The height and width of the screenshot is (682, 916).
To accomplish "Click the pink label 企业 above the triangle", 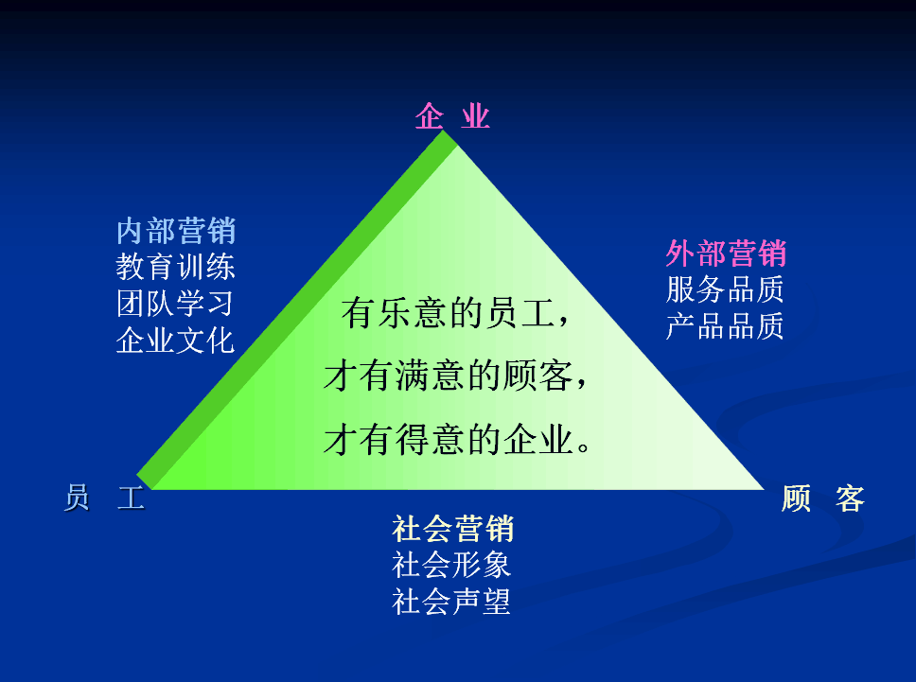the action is click(452, 115).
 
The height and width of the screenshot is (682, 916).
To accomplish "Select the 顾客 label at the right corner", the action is click(823, 498).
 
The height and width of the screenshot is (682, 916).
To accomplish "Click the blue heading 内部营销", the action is click(176, 231).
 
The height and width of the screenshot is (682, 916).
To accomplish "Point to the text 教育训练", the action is click(175, 267).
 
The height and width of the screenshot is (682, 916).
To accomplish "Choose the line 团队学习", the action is click(175, 304).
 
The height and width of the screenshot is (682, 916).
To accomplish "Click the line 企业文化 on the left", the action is click(175, 341).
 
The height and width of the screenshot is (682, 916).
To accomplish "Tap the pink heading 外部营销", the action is click(726, 254).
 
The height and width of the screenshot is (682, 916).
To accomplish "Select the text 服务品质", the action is click(725, 289).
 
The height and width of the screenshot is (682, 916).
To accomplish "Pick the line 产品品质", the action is click(725, 325).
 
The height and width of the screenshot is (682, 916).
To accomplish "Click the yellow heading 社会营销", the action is click(452, 529).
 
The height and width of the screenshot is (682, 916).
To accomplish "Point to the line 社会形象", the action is click(451, 566).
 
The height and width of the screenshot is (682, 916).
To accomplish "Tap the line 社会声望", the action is click(451, 602).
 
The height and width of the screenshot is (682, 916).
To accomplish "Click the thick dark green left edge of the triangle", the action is click(297, 309).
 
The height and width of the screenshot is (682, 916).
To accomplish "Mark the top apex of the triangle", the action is click(445, 131).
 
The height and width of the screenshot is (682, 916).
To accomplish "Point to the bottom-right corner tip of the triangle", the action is click(764, 489).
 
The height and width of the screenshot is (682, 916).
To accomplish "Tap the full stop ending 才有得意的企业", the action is click(584, 447).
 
